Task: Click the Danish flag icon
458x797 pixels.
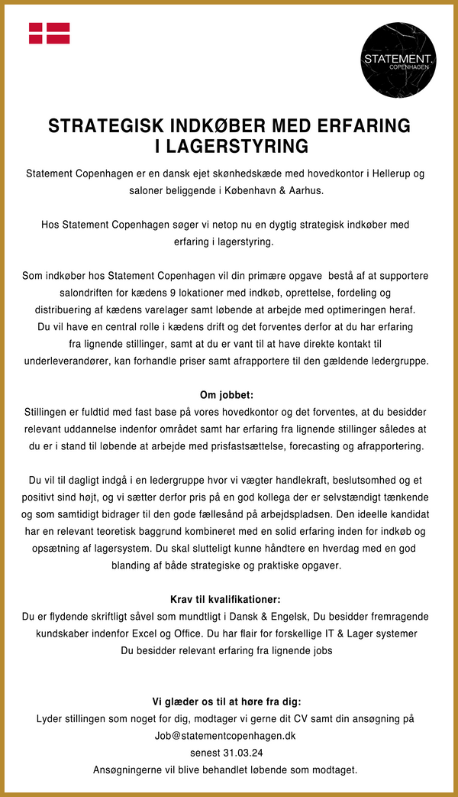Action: coord(50,33)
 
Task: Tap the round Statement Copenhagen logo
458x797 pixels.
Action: coord(398,60)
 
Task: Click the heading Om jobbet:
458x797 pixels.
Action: coord(227,395)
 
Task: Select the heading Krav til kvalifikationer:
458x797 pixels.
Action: coord(227,599)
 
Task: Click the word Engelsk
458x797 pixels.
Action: coord(243,616)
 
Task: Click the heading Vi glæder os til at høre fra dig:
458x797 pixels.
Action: coord(227,701)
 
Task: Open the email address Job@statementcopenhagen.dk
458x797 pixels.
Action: coord(225,736)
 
